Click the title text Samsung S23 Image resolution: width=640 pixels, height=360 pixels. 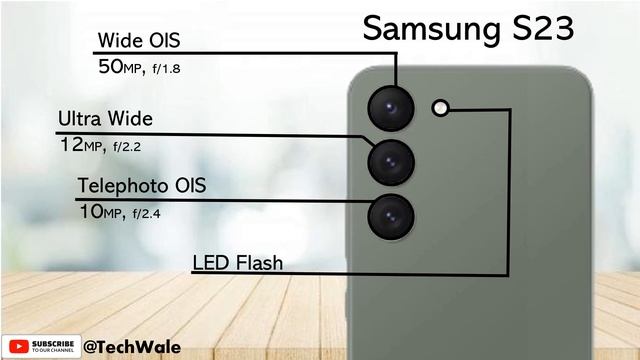(x=467, y=28)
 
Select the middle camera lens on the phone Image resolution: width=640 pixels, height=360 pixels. (x=390, y=160)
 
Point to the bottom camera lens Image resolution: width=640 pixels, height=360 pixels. (x=390, y=215)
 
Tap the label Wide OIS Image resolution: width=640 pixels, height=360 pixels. (x=139, y=41)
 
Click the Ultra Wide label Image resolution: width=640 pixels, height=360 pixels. (x=105, y=119)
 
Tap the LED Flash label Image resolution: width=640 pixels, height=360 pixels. (x=238, y=263)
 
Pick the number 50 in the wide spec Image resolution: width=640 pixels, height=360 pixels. (x=108, y=67)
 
